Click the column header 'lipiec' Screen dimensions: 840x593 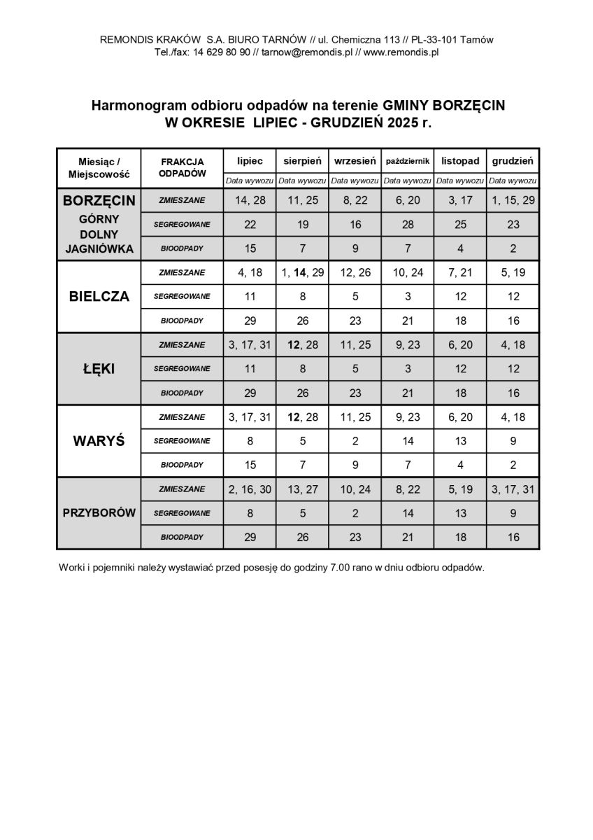pyautogui.click(x=250, y=161)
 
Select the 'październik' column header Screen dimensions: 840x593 pyautogui.click(x=408, y=161)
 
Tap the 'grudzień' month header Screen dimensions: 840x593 pyautogui.click(x=513, y=161)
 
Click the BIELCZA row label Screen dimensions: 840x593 pyautogui.click(x=99, y=296)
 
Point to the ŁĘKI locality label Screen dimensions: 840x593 pyautogui.click(x=99, y=369)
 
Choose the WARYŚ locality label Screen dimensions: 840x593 pyautogui.click(x=99, y=441)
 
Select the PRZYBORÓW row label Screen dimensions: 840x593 pyautogui.click(x=99, y=513)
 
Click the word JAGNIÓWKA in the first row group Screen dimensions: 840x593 pyautogui.click(x=99, y=248)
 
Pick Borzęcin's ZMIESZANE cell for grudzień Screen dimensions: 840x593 pyautogui.click(x=513, y=200)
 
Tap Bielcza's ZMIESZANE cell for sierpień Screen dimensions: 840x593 pyautogui.click(x=302, y=272)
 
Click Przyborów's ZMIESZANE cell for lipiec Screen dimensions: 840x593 pyautogui.click(x=250, y=489)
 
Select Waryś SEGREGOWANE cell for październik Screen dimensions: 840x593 pyautogui.click(x=408, y=441)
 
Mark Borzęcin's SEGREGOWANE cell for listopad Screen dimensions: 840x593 pyautogui.click(x=460, y=225)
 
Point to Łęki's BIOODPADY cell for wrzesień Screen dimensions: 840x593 pyautogui.click(x=355, y=393)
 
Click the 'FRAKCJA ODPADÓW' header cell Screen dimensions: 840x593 pyautogui.click(x=182, y=167)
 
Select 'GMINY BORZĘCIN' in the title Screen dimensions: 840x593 pyautogui.click(x=443, y=106)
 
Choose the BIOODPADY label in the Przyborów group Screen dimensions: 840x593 pyautogui.click(x=182, y=537)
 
